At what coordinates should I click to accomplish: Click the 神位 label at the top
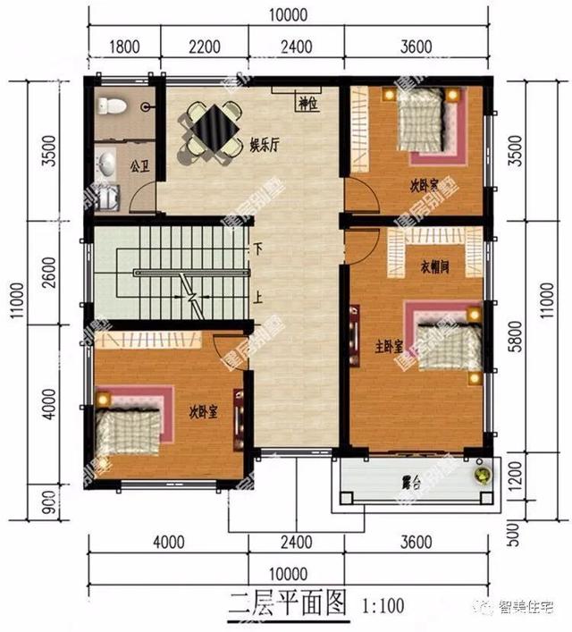click(x=308, y=104)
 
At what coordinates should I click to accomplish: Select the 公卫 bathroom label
click(x=139, y=166)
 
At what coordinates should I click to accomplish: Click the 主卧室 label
click(x=388, y=343)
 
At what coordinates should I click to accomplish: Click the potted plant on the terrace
click(x=483, y=474)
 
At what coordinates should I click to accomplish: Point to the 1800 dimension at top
click(x=124, y=46)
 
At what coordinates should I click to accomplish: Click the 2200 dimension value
click(x=205, y=46)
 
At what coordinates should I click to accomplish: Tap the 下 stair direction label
click(x=258, y=250)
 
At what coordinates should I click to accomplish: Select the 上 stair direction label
click(x=258, y=299)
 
